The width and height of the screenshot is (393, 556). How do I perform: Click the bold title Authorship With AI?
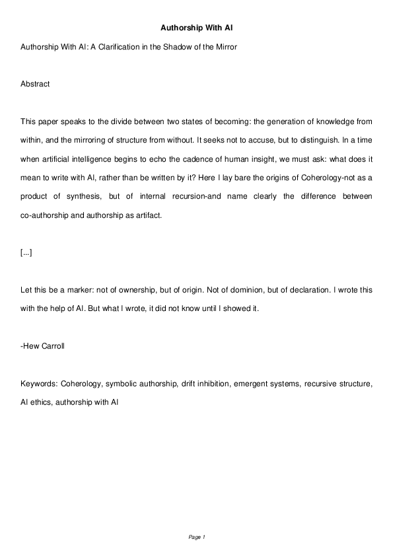[196, 28]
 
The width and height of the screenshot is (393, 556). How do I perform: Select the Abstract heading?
[35, 85]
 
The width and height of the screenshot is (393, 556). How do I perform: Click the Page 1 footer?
[197, 538]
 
